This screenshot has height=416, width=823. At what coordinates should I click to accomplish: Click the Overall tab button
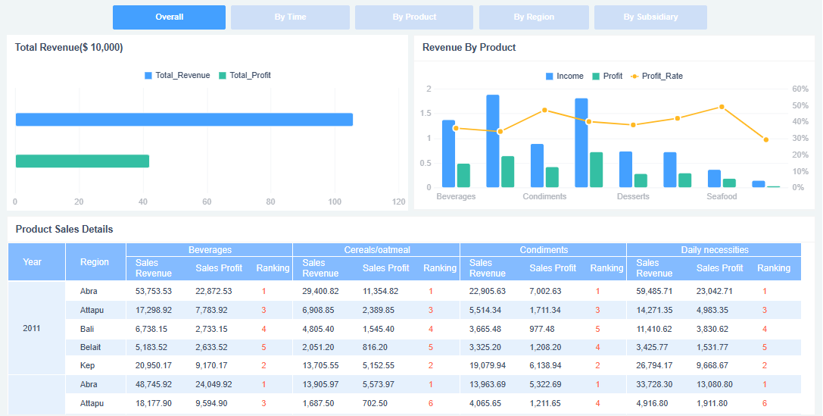pyautogui.click(x=169, y=17)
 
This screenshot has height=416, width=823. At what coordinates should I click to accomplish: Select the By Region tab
pyautogui.click(x=534, y=17)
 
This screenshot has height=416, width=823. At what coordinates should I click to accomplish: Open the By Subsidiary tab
pyautogui.click(x=650, y=17)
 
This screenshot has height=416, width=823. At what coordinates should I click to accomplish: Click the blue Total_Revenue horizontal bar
pyautogui.click(x=184, y=120)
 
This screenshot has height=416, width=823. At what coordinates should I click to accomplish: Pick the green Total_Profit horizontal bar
pyautogui.click(x=83, y=161)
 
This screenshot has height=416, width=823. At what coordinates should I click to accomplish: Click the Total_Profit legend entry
pyautogui.click(x=245, y=76)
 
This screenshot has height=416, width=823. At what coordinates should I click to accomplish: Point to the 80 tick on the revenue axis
pyautogui.click(x=271, y=202)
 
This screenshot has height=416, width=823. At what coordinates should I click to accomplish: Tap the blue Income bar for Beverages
pyautogui.click(x=448, y=154)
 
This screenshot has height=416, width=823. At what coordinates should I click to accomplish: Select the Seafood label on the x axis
pyautogui.click(x=722, y=196)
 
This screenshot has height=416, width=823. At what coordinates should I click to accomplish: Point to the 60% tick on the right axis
pyautogui.click(x=800, y=89)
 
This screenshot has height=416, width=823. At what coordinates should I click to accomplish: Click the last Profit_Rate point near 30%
pyautogui.click(x=766, y=139)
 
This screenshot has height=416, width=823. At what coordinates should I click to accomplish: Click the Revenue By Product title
pyautogui.click(x=469, y=47)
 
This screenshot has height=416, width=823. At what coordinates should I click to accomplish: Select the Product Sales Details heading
pyautogui.click(x=64, y=229)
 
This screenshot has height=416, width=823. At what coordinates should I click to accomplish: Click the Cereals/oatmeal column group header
pyautogui.click(x=376, y=249)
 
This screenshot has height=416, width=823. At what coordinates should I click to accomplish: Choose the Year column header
pyautogui.click(x=33, y=262)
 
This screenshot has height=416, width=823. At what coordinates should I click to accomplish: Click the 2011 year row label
pyautogui.click(x=32, y=328)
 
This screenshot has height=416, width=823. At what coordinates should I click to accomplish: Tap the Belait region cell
pyautogui.click(x=91, y=347)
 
